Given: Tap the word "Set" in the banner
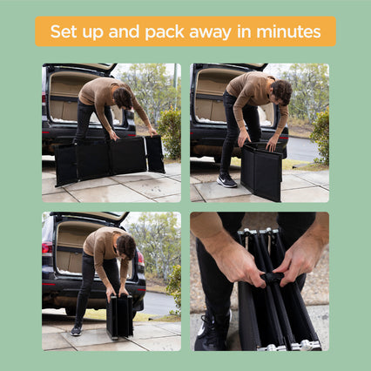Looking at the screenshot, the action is [64, 31].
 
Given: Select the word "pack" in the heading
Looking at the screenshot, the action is [165, 32].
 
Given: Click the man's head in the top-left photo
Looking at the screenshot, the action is [123, 98].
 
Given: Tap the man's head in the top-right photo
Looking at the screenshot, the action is [282, 91].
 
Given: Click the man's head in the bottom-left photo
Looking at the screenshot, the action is [126, 246].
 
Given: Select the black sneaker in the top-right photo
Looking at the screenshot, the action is [226, 180].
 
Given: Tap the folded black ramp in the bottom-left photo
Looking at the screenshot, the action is [120, 315].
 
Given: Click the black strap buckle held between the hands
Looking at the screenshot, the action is [272, 278].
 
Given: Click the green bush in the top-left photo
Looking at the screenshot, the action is [170, 133].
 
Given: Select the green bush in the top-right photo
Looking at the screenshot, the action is [320, 137].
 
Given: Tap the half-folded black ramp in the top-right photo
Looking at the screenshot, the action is [262, 171].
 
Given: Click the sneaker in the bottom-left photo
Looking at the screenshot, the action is [77, 329].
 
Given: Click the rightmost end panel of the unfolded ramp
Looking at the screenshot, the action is [155, 154].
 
